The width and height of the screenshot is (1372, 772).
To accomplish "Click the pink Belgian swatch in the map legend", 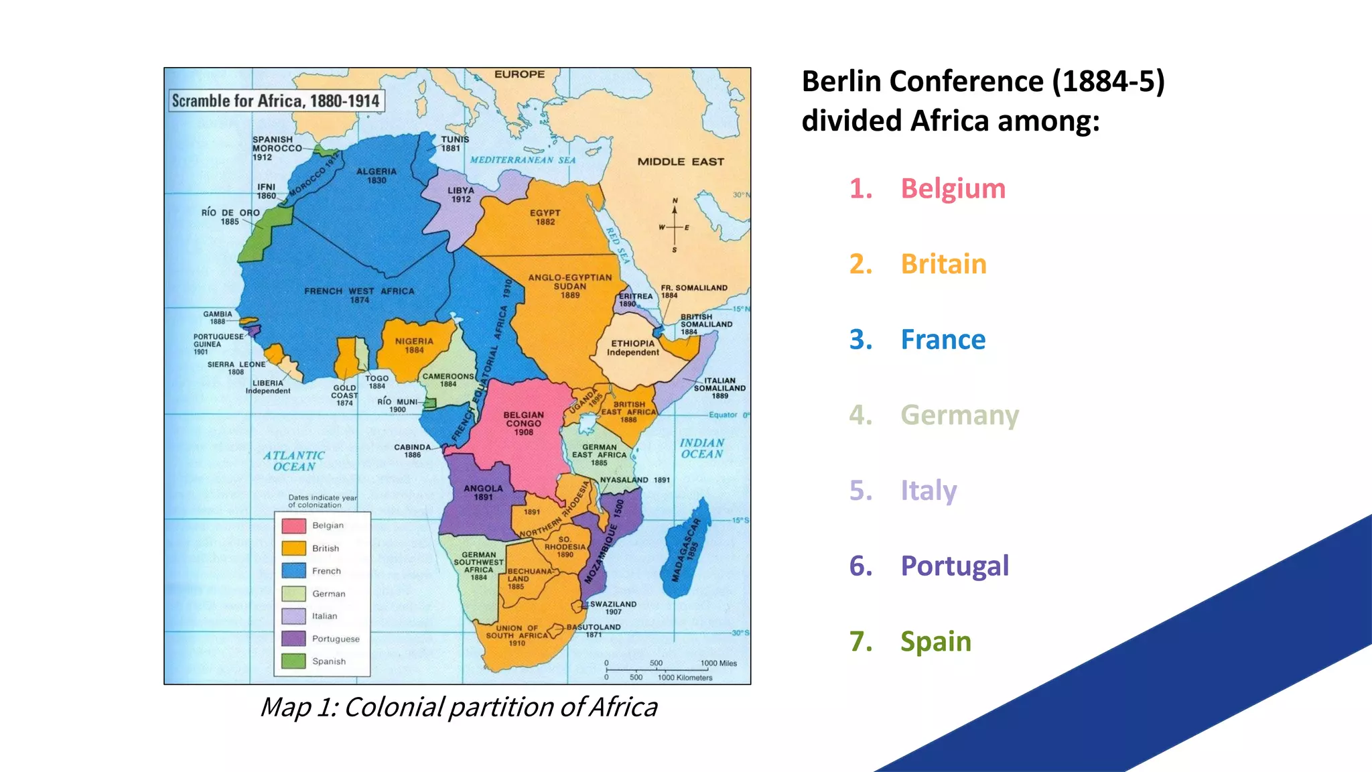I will (293, 526).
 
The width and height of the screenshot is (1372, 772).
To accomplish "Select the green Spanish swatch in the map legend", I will (293, 661).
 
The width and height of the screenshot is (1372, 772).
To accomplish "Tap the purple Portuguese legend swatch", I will (293, 639).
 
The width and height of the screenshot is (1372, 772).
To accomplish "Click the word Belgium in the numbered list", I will (953, 188).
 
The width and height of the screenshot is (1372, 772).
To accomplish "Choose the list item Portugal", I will (955, 566).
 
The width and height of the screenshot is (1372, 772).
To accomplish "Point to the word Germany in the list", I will (959, 415).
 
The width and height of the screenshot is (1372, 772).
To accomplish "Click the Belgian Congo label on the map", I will (524, 424).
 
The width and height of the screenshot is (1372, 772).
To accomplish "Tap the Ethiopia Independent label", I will (632, 348).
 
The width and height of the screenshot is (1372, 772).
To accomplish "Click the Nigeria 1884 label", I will (414, 345).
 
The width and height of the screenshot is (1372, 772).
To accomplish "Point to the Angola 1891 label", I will (483, 493).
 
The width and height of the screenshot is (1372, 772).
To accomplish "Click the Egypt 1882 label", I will (545, 217).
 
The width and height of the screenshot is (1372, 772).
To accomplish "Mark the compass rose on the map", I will (675, 227).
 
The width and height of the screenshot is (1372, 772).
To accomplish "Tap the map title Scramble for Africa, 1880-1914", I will (275, 101).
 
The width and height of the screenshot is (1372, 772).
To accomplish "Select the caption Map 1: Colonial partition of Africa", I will (458, 707).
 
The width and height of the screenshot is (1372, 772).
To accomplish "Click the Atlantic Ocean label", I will (293, 461).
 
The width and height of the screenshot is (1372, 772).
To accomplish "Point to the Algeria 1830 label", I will (376, 176).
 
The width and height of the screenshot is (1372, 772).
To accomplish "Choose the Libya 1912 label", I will (461, 194).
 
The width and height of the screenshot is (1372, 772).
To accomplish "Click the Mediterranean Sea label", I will (523, 160).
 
